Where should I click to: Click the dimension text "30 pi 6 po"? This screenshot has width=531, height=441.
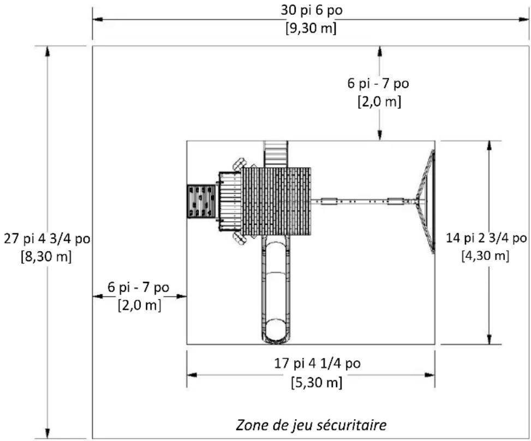click(x=312, y=10)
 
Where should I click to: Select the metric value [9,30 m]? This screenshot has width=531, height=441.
click(x=311, y=28)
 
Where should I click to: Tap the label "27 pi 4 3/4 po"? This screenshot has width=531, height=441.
click(x=47, y=239)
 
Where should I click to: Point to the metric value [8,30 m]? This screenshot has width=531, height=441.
click(x=46, y=256)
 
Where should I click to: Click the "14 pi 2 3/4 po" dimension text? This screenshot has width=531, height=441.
click(x=486, y=238)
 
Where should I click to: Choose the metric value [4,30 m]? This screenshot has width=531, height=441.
click(x=486, y=255)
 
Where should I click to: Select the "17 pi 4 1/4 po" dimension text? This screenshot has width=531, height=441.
click(x=317, y=364)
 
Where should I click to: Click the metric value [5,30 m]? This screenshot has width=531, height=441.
click(x=317, y=383)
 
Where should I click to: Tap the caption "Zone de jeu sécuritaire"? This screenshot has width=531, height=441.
click(x=311, y=425)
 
